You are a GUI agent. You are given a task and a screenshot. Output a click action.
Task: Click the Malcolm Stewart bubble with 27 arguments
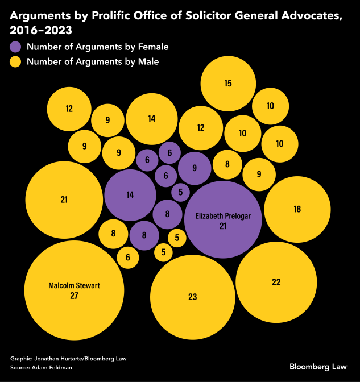(x=74, y=290)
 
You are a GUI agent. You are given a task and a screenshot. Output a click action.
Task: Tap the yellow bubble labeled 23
(x=192, y=296)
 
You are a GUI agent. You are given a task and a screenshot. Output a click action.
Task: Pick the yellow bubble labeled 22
(x=276, y=283)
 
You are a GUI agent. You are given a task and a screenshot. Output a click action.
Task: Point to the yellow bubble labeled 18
(x=297, y=209)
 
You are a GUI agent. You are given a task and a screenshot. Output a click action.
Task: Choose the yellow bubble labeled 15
(x=228, y=84)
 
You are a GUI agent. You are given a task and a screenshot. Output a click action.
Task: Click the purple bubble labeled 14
(x=130, y=195)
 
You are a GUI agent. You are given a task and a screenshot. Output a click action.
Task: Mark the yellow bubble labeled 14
(x=151, y=119)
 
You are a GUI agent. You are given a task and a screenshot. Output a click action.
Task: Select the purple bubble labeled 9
(x=195, y=168)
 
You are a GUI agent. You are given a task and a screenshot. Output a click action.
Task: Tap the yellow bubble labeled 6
(x=128, y=258)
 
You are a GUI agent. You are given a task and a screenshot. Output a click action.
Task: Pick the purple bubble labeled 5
(x=180, y=193)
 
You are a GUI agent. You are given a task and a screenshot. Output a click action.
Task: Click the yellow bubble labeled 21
(x=64, y=200)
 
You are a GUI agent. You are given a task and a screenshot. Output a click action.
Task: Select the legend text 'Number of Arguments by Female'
(x=98, y=47)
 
